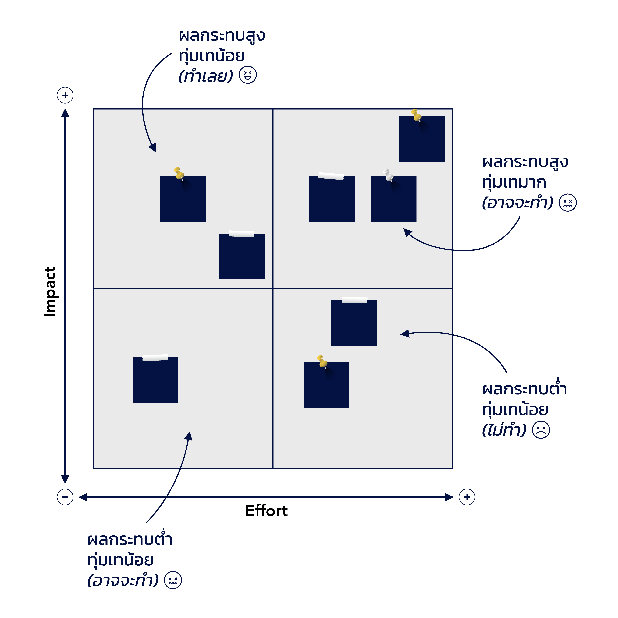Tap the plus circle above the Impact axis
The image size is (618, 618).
point(65,95)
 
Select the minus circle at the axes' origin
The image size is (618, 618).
point(65,497)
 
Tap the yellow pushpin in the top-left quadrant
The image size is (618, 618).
point(179,173)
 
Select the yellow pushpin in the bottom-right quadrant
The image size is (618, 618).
point(322,362)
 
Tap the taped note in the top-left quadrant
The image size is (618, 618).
point(242,257)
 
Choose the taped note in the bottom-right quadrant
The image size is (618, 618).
point(354,324)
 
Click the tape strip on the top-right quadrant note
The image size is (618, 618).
point(331,176)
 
